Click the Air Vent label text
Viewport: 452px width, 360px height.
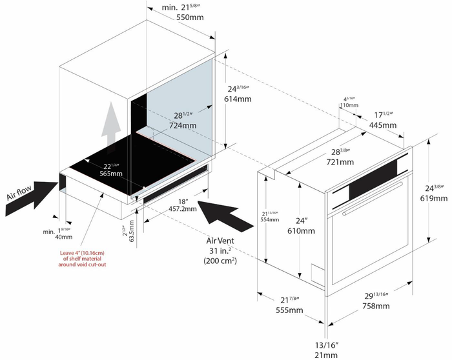(220, 240)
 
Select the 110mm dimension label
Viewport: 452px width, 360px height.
(349, 105)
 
